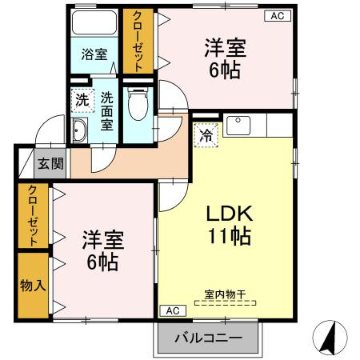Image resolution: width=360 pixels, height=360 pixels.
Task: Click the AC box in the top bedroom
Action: (x=275, y=16)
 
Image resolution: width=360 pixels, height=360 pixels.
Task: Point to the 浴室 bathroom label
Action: (x=94, y=54)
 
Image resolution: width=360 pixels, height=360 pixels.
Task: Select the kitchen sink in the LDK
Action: (x=238, y=126)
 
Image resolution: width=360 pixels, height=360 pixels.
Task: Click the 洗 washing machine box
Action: (x=82, y=101)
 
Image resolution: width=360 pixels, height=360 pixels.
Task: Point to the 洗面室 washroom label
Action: (x=107, y=112)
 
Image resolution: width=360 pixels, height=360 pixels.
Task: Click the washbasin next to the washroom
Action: (x=79, y=131)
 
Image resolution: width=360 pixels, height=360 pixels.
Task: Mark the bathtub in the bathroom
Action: (x=94, y=23)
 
